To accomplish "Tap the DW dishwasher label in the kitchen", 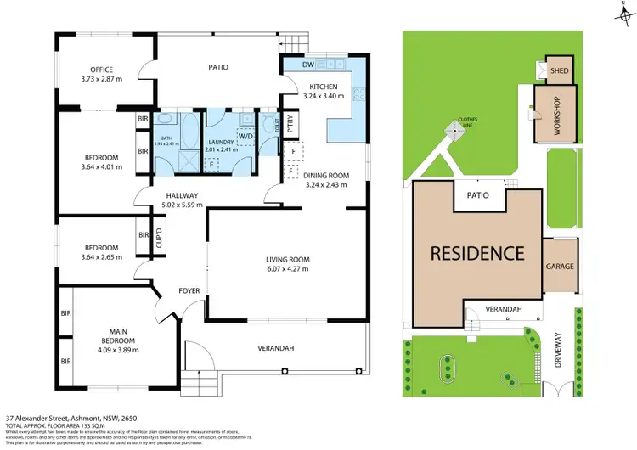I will pyautogui.click(x=307, y=65).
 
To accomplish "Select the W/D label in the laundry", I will pyautogui.click(x=245, y=136).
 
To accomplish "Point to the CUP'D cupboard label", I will pyautogui.click(x=158, y=240).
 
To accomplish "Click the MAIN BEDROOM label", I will pyautogui.click(x=116, y=340).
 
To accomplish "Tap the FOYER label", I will pyautogui.click(x=189, y=291).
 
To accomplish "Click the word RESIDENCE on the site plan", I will pyautogui.click(x=476, y=252).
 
